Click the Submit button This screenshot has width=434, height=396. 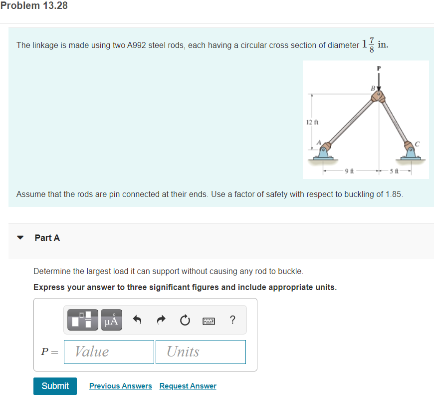click(x=55, y=386)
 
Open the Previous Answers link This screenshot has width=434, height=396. click(x=120, y=386)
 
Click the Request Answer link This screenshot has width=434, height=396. click(x=188, y=386)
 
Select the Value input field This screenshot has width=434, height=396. click(x=109, y=351)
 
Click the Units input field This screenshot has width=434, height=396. click(x=201, y=351)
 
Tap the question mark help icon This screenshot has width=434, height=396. click(x=232, y=319)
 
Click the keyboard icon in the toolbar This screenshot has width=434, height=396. click(x=209, y=320)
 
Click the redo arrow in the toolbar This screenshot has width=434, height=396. click(x=162, y=319)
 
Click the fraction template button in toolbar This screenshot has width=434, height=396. click(x=83, y=319)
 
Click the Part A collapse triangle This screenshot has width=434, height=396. click(x=20, y=238)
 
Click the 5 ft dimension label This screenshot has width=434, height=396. click(x=395, y=171)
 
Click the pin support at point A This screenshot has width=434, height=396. click(x=325, y=151)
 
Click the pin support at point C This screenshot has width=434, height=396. click(x=410, y=151)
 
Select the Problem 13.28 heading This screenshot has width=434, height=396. click(x=34, y=6)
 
